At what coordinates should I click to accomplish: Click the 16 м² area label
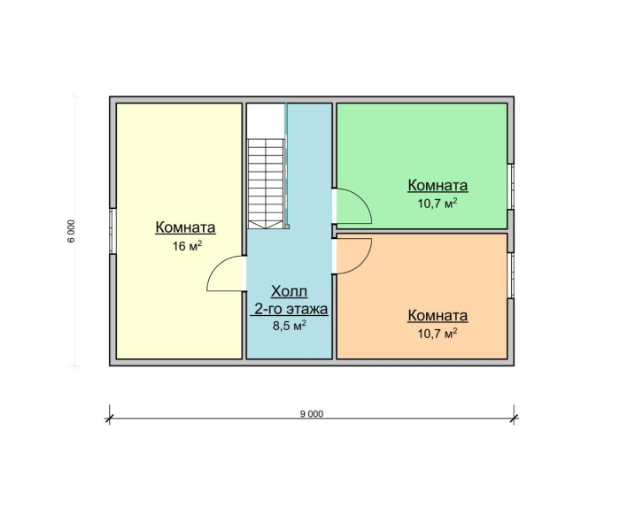[185, 246]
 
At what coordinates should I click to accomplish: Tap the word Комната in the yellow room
[185, 227]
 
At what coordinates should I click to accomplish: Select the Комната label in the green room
[438, 186]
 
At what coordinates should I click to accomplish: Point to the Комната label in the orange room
[438, 316]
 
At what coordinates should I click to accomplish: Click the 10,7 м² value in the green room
[438, 204]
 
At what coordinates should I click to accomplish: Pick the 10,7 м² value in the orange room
[438, 334]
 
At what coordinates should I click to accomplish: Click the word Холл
[290, 291]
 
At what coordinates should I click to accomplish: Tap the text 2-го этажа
[291, 309]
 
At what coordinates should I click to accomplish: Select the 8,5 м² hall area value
[290, 326]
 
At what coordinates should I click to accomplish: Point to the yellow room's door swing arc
[223, 273]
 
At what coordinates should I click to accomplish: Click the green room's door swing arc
[354, 207]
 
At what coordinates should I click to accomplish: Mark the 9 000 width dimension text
[313, 414]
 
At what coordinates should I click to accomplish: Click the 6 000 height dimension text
[71, 230]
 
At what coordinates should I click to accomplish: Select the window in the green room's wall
[511, 186]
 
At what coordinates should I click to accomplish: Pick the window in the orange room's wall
[511, 274]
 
